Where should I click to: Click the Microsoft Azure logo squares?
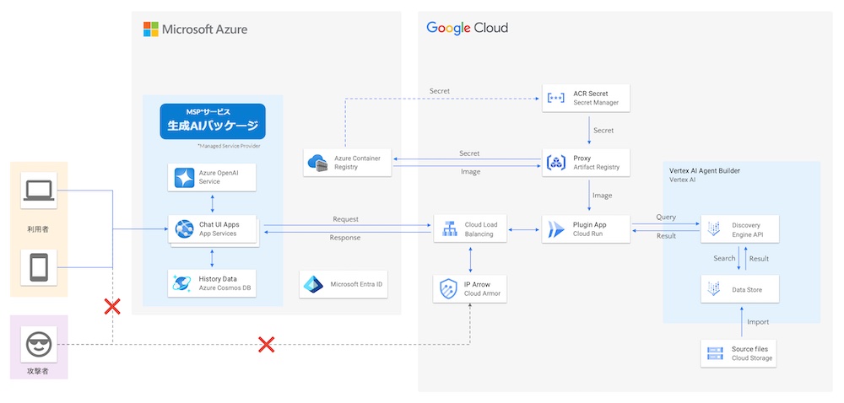tap(150, 30)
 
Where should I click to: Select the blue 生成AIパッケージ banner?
tap(212, 121)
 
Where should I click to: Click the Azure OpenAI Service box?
tap(212, 177)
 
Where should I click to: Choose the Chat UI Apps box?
tap(212, 228)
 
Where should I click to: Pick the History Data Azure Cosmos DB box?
tap(212, 283)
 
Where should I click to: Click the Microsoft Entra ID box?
tap(344, 284)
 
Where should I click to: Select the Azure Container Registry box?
tap(348, 162)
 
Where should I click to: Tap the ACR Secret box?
tap(586, 98)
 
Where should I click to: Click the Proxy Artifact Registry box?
tap(586, 162)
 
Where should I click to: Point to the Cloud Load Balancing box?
tap(470, 228)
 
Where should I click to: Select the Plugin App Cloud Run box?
tap(586, 228)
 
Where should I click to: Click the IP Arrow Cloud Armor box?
tap(470, 289)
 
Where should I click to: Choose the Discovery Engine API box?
tap(739, 228)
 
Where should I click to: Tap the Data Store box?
tap(739, 289)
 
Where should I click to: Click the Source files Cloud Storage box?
tap(739, 353)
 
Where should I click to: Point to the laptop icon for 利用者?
tap(39, 191)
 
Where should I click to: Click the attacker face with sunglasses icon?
tap(39, 345)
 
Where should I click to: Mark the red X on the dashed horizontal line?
tap(266, 344)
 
